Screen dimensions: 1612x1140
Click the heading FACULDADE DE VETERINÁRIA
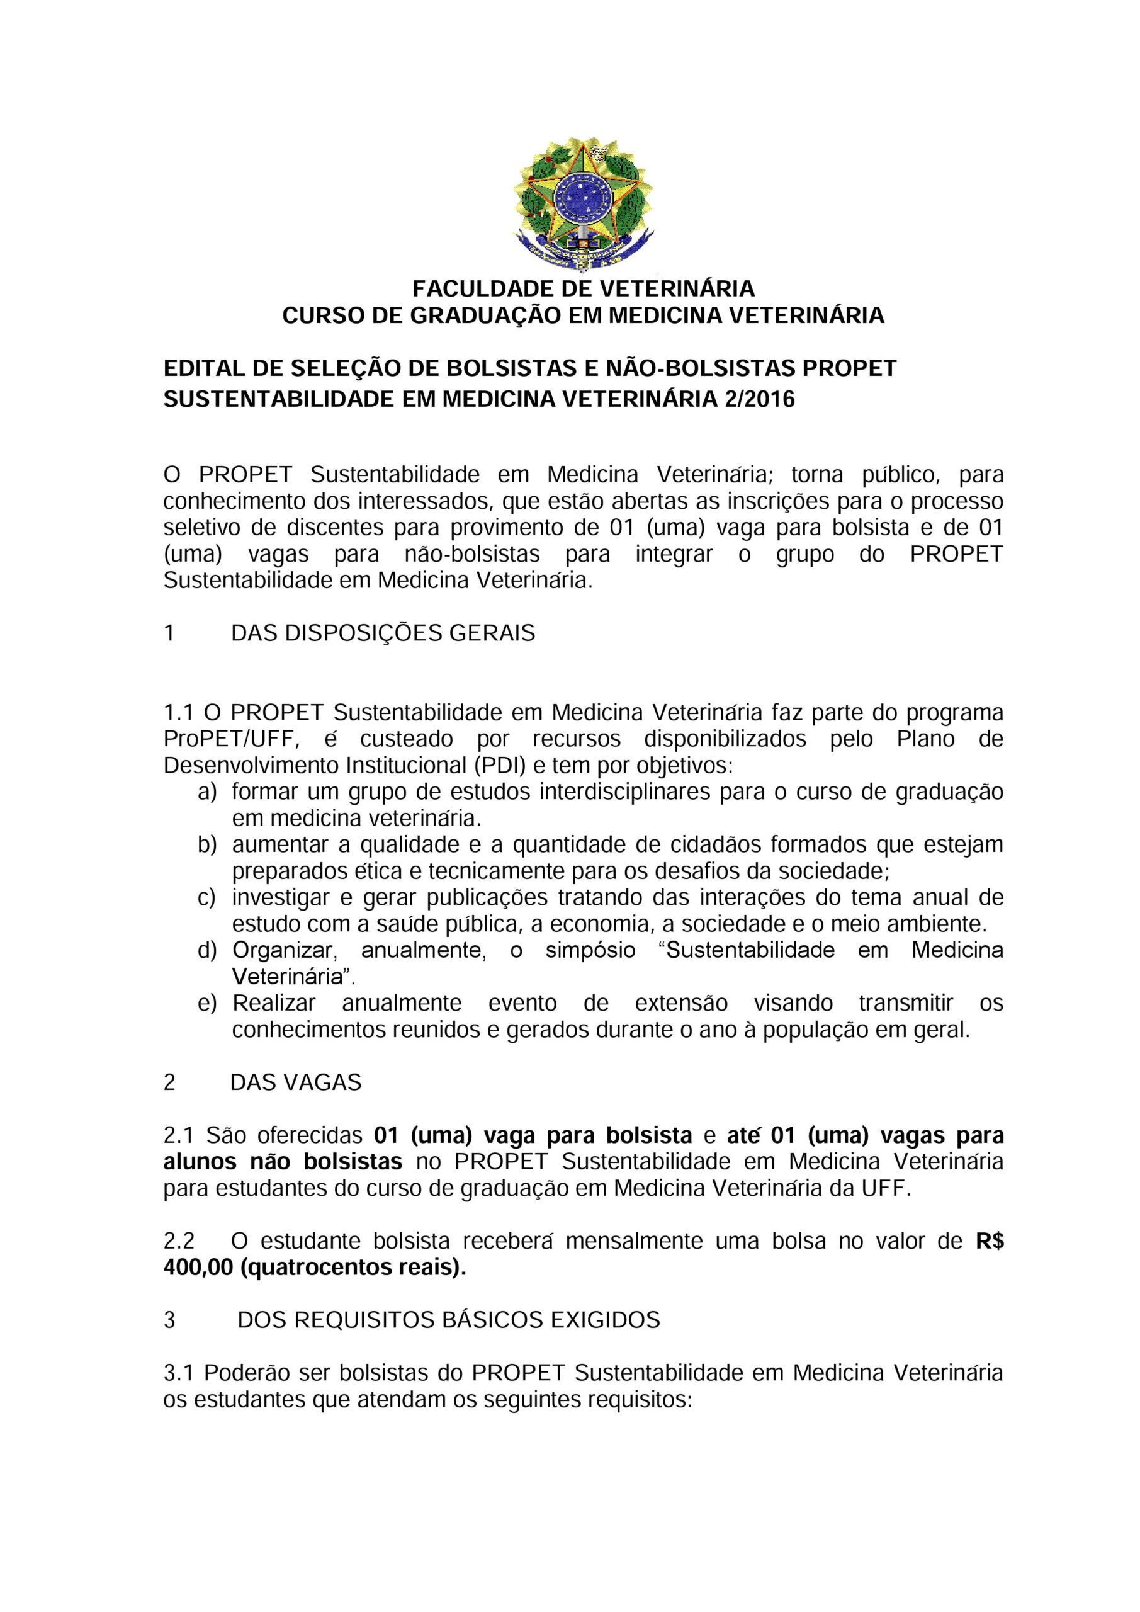pos(583,288)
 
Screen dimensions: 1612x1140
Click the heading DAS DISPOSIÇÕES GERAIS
pos(383,633)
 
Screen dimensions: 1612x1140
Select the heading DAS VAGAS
pos(295,1082)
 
